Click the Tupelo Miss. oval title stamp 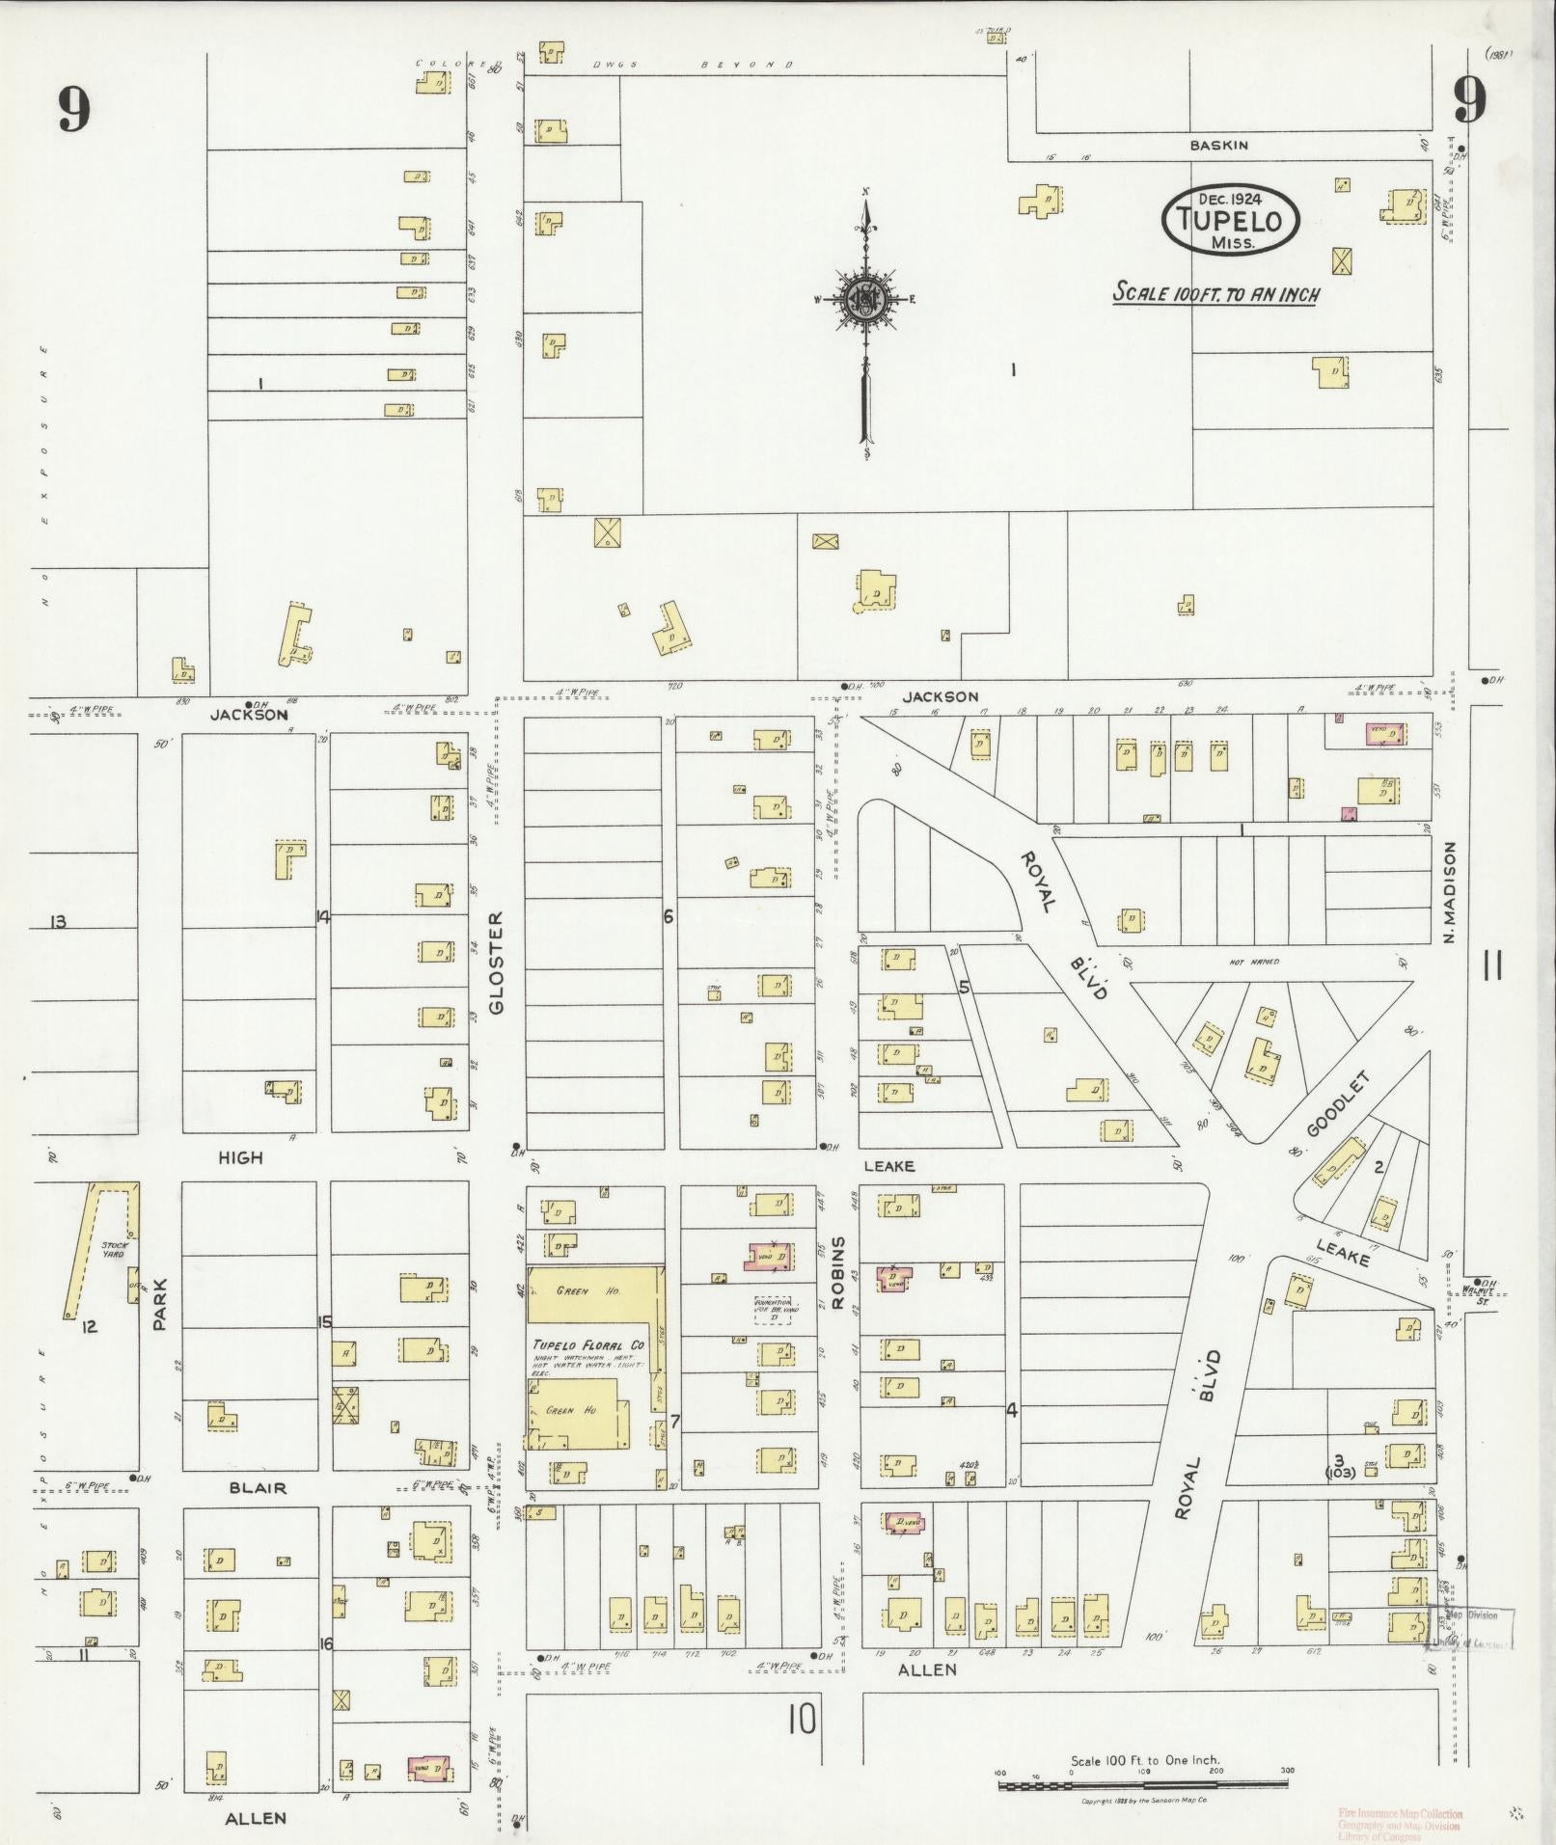coord(1232,221)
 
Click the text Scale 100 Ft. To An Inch coord(1215,292)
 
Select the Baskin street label coord(1218,146)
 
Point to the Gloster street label coord(497,963)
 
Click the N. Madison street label coord(1450,892)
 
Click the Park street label coord(160,1305)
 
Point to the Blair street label coord(258,1515)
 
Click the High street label coord(240,1157)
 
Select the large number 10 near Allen coord(802,1720)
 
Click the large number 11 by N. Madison coord(1492,964)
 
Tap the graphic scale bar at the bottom coord(1144,1786)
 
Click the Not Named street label coord(1254,962)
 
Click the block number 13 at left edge coord(58,922)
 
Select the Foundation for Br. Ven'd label coord(772,1310)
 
